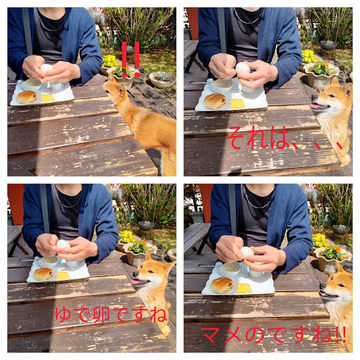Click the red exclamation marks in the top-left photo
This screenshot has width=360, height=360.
point(131,60)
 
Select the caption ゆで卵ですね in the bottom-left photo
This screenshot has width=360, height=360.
point(111,315)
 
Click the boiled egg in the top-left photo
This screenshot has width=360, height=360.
point(46,68)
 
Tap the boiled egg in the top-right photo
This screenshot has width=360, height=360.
point(243,68)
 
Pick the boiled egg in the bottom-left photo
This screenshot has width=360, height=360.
point(63,244)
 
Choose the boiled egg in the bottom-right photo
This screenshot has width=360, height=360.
point(247,252)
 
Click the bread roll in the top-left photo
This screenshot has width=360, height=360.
point(27,97)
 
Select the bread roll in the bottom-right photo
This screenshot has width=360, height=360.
point(221,285)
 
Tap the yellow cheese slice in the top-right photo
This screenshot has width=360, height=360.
point(237,103)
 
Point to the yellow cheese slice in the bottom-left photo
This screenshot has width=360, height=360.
point(63,275)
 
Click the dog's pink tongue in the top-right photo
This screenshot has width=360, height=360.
point(315,106)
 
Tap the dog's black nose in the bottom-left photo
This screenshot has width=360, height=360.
point(136,274)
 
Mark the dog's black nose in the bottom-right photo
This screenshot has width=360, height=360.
point(323,286)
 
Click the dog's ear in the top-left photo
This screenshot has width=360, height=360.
point(122,90)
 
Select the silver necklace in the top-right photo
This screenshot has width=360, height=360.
point(248,17)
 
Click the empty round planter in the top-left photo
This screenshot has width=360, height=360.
point(162,79)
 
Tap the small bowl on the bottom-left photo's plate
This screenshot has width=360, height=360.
point(48,262)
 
